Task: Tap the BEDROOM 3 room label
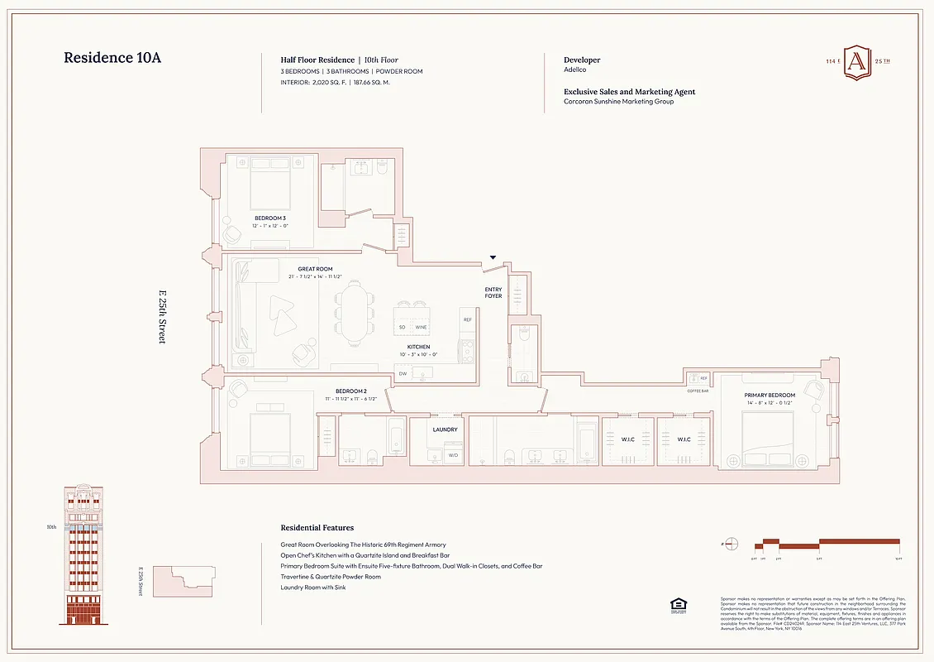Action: click(x=269, y=218)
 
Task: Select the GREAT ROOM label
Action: click(x=315, y=269)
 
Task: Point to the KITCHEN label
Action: click(x=418, y=347)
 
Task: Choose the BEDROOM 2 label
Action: click(x=351, y=391)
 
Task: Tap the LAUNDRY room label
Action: click(x=445, y=429)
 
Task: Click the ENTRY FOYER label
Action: click(x=493, y=293)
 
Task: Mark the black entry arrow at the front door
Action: click(x=493, y=258)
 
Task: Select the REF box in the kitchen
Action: click(x=467, y=319)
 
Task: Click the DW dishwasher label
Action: click(x=403, y=374)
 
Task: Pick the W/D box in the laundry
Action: click(x=453, y=455)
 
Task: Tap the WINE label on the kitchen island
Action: click(x=422, y=328)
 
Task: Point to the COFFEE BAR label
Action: click(x=698, y=391)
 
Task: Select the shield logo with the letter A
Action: click(x=857, y=63)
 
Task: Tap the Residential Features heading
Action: click(x=317, y=527)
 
